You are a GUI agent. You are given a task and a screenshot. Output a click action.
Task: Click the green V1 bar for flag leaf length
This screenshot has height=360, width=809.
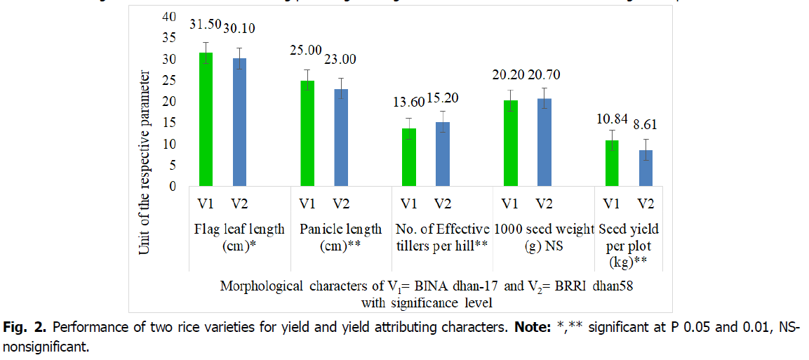[x=206, y=119]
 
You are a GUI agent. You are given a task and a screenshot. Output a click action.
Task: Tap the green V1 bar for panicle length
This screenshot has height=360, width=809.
[x=307, y=133]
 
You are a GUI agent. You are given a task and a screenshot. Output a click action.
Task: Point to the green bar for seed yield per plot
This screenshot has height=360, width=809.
[x=612, y=163]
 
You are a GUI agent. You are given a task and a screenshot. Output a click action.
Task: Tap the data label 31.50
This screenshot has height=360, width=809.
[x=206, y=26]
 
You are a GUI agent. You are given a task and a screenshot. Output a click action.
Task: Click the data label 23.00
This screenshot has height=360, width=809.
[x=340, y=60]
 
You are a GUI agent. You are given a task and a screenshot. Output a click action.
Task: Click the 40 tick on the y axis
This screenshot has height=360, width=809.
[x=169, y=17]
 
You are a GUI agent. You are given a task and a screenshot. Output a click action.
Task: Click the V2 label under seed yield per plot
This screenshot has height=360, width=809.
[x=645, y=204]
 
